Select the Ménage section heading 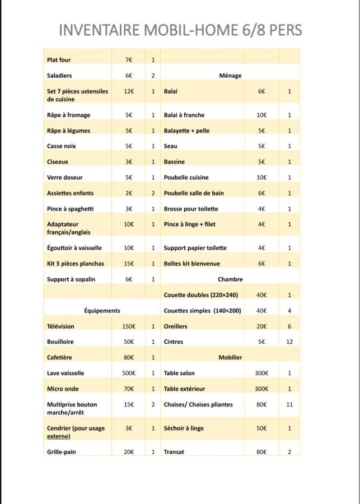(230, 76)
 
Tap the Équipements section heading (102, 310)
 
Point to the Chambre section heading (230, 279)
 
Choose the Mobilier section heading (230, 357)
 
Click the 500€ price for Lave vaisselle (129, 373)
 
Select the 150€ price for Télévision (129, 326)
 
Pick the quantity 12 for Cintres (289, 342)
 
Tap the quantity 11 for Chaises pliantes (289, 404)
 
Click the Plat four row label (59, 60)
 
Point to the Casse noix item (62, 146)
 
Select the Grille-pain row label (62, 451)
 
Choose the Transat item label (174, 451)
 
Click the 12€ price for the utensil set (129, 91)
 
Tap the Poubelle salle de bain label (194, 193)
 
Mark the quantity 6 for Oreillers (289, 326)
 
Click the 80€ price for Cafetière (129, 357)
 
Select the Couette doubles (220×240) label (201, 295)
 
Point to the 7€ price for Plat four (129, 60)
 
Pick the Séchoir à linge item (184, 428)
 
